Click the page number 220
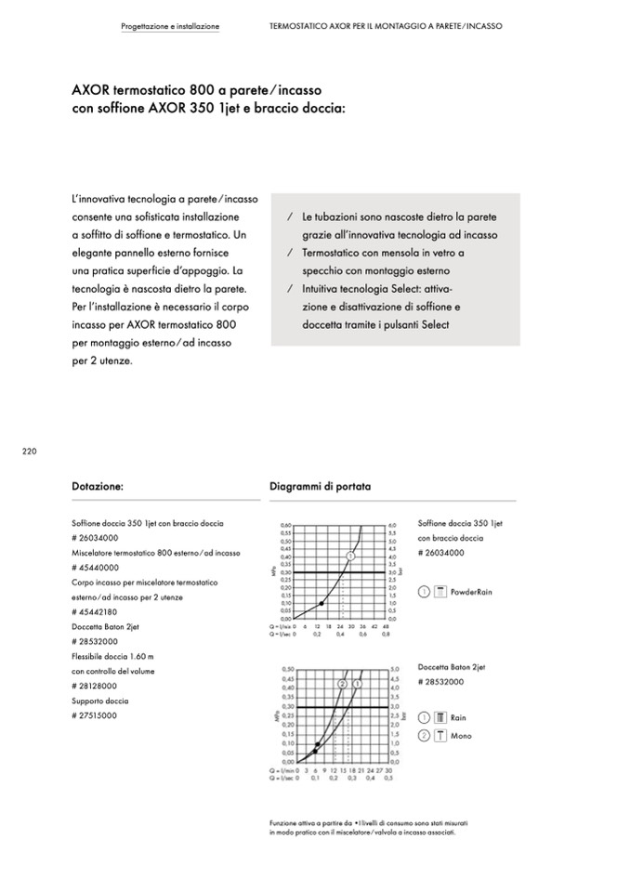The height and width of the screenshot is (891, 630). point(28,452)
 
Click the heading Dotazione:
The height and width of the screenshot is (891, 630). point(98,486)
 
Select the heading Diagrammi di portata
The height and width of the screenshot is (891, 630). point(320,486)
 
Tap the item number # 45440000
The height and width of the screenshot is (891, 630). point(95,568)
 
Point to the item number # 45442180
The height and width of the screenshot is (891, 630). point(95,612)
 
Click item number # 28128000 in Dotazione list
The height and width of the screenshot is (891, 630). point(95,686)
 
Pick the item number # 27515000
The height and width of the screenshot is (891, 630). point(95,716)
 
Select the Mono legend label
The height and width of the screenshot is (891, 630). point(460,736)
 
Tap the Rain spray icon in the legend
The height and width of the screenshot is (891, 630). point(440,718)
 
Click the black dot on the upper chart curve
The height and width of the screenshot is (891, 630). point(322,603)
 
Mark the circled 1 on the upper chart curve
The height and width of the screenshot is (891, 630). point(351,556)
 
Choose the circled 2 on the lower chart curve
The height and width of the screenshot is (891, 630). point(342,684)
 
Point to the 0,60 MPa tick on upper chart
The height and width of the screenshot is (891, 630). point(286,526)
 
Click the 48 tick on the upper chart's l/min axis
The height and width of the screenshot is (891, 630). point(386,627)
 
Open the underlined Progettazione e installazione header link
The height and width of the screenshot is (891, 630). point(170,26)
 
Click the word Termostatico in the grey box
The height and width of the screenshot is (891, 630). point(333,253)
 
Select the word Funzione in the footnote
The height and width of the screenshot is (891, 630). point(282,823)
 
